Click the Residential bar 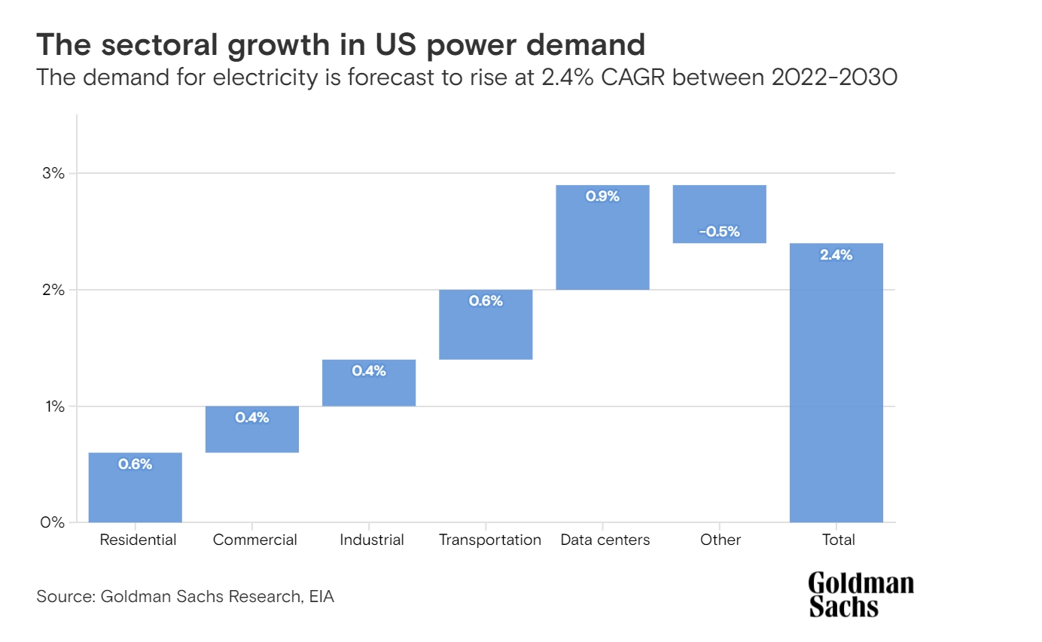pyautogui.click(x=136, y=487)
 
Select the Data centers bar pyautogui.click(x=602, y=237)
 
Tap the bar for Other pyautogui.click(x=719, y=214)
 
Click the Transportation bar pyautogui.click(x=486, y=324)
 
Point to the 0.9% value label pyautogui.click(x=602, y=196)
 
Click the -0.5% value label pyautogui.click(x=719, y=232)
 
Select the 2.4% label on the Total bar pyautogui.click(x=836, y=255)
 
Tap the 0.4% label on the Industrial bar pyautogui.click(x=369, y=371)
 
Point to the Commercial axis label pyautogui.click(x=255, y=540)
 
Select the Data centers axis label pyautogui.click(x=605, y=540)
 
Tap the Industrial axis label pyautogui.click(x=372, y=540)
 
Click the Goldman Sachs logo pyautogui.click(x=861, y=595)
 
